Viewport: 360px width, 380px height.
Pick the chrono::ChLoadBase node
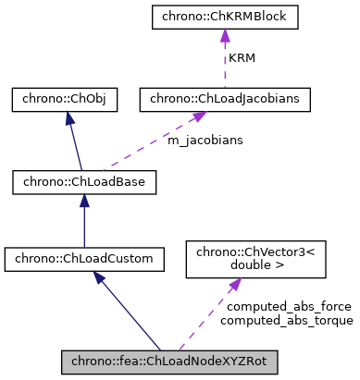83,182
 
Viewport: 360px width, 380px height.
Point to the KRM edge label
242,56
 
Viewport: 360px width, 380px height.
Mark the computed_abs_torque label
287,321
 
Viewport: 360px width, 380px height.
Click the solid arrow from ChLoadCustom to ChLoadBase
83,222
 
